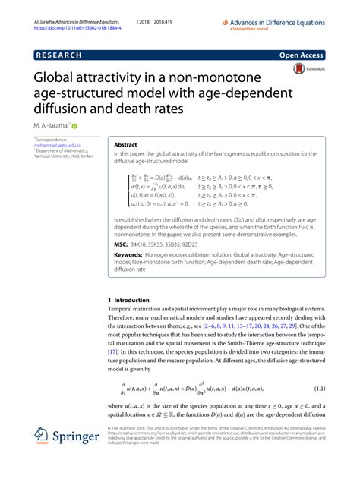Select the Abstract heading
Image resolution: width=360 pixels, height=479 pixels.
click(125, 143)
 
